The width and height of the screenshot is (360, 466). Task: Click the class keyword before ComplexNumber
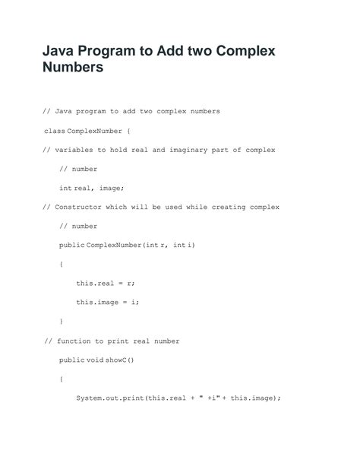point(55,131)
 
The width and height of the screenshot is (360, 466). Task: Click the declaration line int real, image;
point(90,188)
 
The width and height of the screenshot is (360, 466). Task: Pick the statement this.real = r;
point(105,283)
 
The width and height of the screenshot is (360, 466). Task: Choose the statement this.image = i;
point(107,302)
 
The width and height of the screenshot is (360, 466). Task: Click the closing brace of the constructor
point(62,322)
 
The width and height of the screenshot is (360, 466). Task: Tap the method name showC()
point(118,360)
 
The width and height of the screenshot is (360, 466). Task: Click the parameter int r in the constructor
point(156,245)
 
